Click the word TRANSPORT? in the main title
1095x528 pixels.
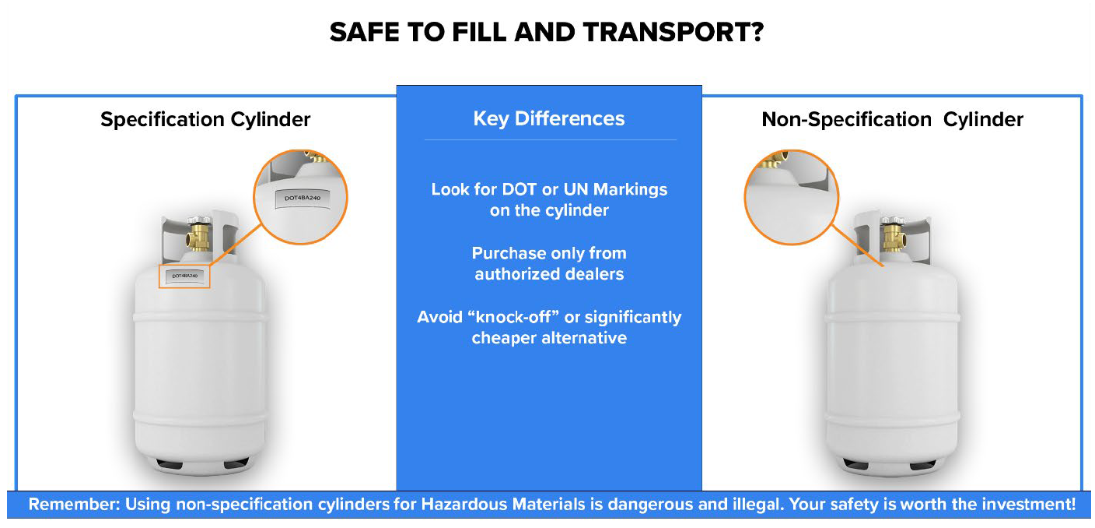(x=673, y=32)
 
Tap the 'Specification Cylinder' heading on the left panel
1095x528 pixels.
(x=205, y=120)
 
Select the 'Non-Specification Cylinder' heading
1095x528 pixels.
(x=892, y=120)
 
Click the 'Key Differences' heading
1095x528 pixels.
(x=549, y=119)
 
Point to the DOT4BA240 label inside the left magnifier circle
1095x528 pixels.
(x=302, y=198)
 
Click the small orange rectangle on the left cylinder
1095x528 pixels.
(x=184, y=276)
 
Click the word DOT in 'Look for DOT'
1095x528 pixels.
(x=520, y=189)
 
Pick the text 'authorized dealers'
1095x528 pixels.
(x=549, y=274)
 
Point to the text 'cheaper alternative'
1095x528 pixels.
(x=549, y=338)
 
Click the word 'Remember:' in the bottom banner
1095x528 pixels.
(x=75, y=505)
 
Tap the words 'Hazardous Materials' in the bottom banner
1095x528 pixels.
(x=503, y=505)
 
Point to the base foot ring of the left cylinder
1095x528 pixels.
(x=201, y=466)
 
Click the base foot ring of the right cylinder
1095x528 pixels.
(x=892, y=466)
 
